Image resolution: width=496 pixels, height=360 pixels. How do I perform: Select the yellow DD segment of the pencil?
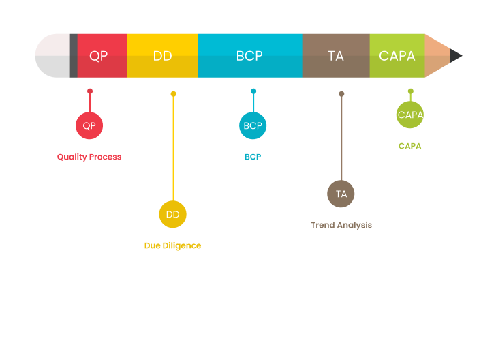tap(162, 56)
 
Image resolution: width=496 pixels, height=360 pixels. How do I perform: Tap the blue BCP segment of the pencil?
tap(249, 56)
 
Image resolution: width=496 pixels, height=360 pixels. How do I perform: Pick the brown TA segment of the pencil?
tap(335, 56)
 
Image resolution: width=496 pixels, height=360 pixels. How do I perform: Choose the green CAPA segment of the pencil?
tap(397, 56)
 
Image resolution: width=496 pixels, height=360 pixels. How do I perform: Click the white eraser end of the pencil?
tap(52, 56)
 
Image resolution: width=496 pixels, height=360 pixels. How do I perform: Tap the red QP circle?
tap(89, 125)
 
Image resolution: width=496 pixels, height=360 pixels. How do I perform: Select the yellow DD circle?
tap(173, 214)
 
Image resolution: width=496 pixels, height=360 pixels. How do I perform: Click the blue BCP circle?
tap(253, 125)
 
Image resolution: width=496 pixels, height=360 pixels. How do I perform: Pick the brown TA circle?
tap(341, 194)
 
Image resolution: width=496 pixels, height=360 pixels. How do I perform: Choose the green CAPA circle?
tap(410, 115)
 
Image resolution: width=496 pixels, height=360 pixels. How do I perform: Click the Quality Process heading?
tap(89, 157)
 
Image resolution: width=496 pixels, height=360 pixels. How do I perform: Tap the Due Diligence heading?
tap(172, 245)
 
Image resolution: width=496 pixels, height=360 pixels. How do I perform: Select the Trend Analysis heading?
tap(341, 225)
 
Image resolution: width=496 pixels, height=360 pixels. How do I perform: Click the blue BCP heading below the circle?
tap(253, 157)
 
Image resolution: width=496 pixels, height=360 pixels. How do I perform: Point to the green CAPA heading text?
tap(410, 146)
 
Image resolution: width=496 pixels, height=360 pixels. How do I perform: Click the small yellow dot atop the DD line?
tap(174, 94)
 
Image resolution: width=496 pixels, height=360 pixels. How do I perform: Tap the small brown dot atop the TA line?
tap(341, 94)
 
